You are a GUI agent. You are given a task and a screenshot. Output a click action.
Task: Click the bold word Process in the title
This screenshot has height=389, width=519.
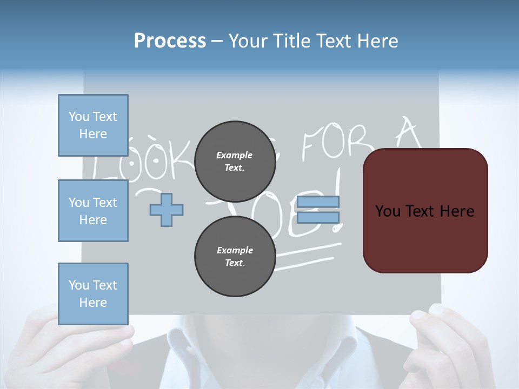[170, 41]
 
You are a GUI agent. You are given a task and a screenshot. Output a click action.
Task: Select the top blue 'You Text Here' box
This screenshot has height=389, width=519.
[93, 125]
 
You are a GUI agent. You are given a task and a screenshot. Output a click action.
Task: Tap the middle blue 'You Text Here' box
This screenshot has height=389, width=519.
[93, 211]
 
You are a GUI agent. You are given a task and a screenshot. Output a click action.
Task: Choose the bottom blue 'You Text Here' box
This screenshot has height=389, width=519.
[93, 294]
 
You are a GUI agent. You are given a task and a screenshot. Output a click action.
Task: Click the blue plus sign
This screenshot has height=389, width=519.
[167, 210]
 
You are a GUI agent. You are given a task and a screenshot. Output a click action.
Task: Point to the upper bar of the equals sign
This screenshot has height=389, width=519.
[318, 202]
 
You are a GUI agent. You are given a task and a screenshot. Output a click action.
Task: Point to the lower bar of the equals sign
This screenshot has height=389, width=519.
[318, 218]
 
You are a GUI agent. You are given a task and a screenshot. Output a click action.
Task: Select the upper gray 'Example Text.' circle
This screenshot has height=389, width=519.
[235, 161]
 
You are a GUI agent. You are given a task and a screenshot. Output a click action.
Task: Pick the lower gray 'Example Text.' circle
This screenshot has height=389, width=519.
[235, 256]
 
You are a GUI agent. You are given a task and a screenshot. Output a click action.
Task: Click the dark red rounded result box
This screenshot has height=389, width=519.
[425, 211]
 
